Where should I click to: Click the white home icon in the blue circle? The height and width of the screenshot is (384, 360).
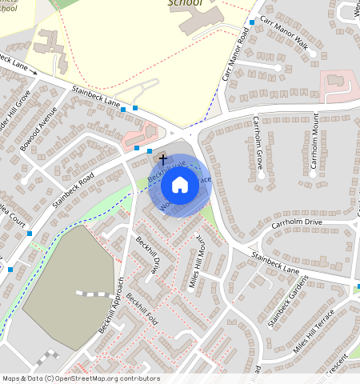click(x=180, y=186)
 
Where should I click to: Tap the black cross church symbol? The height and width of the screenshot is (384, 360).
click(x=162, y=159)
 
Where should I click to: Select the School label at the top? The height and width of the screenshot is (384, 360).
click(x=186, y=3)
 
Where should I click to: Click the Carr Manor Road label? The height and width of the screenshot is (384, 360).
click(x=234, y=55)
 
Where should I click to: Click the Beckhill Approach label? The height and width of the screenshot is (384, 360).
click(x=111, y=306)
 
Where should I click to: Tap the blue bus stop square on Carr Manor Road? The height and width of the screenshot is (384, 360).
click(x=252, y=22)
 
